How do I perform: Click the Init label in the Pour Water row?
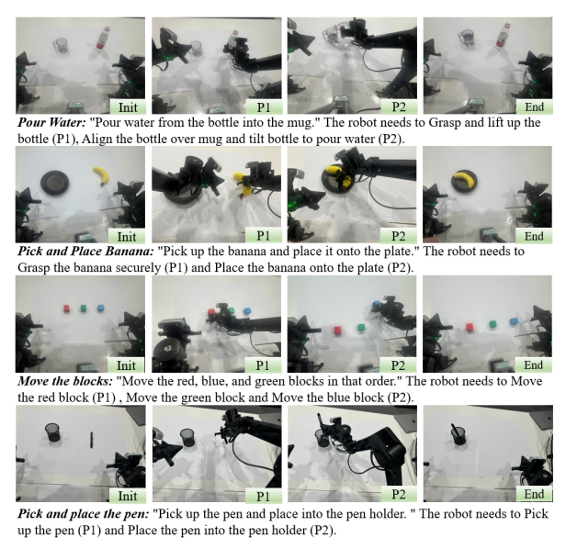128,107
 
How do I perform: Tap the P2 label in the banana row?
399,236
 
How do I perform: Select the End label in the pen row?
534,494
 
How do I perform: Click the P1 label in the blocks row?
263,365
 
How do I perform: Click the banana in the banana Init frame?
100,175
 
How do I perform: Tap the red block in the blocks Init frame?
66,309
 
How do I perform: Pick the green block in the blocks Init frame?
84,308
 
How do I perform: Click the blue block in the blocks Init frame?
100,308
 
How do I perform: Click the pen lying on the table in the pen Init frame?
91,440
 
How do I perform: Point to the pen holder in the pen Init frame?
52,432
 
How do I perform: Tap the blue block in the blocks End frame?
514,321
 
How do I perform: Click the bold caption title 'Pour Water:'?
51,123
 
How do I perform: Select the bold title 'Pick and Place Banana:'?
85,252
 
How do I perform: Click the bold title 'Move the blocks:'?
65,381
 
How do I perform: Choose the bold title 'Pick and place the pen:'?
83,514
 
